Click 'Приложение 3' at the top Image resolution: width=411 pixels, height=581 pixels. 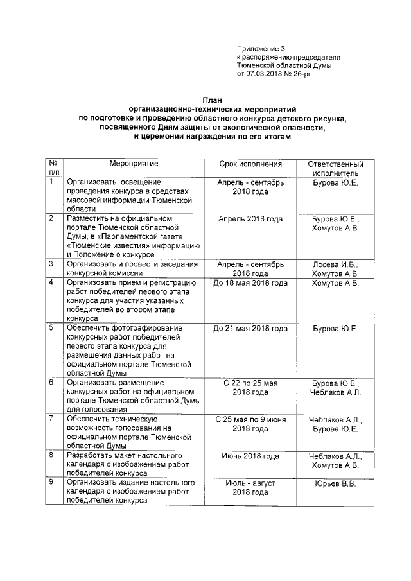(260, 48)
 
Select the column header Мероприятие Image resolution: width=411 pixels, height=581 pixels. (133, 164)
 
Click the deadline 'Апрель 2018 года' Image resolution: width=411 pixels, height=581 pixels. (250, 219)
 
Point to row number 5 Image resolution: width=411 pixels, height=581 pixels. (51, 328)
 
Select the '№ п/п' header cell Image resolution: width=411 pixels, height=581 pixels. (55, 169)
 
